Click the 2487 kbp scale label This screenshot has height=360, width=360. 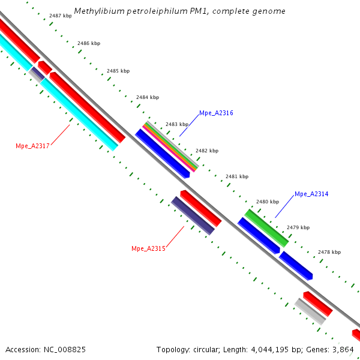pos(61,15)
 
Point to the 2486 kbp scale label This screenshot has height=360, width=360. pos(89,44)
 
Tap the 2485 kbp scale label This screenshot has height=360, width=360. pos(118,71)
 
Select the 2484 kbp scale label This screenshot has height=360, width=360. pos(148,97)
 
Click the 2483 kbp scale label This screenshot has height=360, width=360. pos(177,124)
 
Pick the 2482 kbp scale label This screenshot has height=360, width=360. pos(207,151)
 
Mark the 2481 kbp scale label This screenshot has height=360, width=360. pos(236,176)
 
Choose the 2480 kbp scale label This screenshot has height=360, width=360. pos(268,202)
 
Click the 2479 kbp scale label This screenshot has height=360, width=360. pos(298,227)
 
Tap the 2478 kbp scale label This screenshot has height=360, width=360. pos(329,252)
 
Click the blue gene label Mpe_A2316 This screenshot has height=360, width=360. pos(216,113)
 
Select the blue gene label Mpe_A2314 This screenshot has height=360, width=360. pos(311,194)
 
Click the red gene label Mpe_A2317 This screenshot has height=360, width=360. pos(32,146)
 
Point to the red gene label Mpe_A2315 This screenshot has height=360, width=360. pos(148,248)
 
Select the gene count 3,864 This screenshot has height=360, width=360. pos(344,349)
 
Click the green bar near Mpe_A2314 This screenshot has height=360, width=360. pos(266,227)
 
